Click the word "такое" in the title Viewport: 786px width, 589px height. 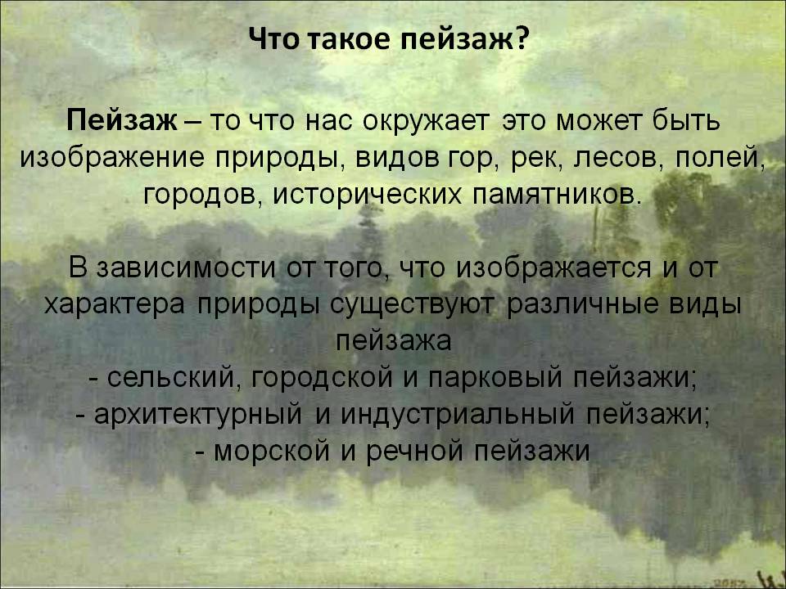coord(354,40)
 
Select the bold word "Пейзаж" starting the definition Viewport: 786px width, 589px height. coord(122,123)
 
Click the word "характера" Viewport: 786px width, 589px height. coord(115,304)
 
